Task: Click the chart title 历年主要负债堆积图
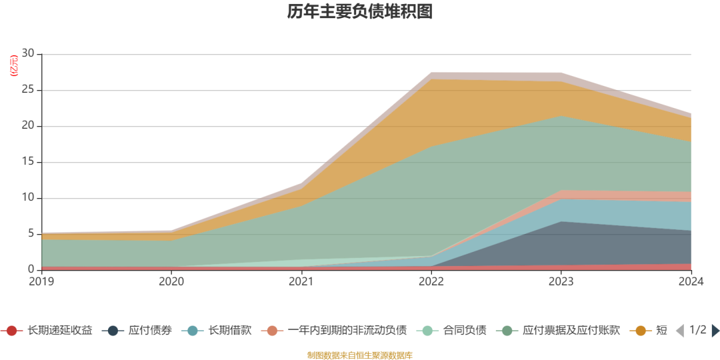coord(360,12)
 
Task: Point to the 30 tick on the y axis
coord(28,54)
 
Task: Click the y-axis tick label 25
coord(28,90)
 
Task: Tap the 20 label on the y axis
coord(28,126)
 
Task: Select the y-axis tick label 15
coord(28,162)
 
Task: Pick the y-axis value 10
coord(28,198)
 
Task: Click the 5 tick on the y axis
coord(31,234)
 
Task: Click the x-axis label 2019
coord(41,282)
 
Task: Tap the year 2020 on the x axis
coord(171,282)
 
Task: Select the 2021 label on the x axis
coord(301,282)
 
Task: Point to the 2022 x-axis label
coord(431,282)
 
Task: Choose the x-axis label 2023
coord(561,282)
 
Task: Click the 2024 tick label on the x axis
coord(691,282)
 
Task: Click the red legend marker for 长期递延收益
coord(11,331)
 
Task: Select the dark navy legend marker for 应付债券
coord(113,331)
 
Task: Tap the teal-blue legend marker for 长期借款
coord(193,331)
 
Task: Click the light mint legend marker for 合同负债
coord(427,331)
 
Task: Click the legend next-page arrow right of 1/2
coord(715,331)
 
